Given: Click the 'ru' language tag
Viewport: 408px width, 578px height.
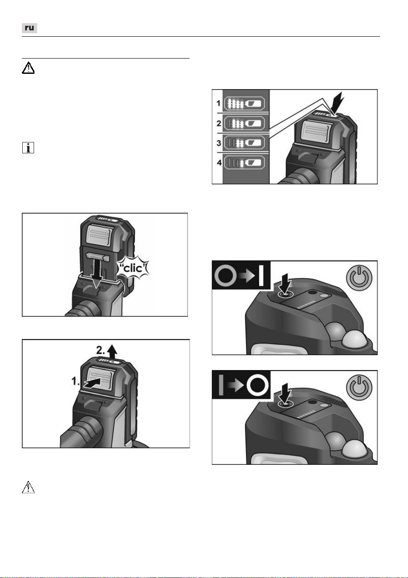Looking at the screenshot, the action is pyautogui.click(x=29, y=28).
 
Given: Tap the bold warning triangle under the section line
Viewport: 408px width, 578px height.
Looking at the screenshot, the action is pyautogui.click(x=28, y=68).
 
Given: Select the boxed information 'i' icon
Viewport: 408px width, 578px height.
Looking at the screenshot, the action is pyautogui.click(x=28, y=148).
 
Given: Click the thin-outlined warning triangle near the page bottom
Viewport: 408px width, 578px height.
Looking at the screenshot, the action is pyautogui.click(x=28, y=487).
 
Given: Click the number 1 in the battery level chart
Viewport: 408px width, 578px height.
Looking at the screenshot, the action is pyautogui.click(x=218, y=103).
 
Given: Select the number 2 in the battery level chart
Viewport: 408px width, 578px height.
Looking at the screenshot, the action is pyautogui.click(x=219, y=123).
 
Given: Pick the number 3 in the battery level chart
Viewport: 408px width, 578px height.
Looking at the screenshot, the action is pyautogui.click(x=219, y=143).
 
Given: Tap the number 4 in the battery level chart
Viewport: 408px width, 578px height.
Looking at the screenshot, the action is pyautogui.click(x=219, y=163).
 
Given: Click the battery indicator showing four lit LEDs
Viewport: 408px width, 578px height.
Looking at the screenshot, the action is pyautogui.click(x=244, y=104).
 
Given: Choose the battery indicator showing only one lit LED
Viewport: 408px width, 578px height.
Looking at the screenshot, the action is pyautogui.click(x=244, y=163).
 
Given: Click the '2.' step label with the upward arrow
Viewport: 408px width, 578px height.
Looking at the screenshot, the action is pyautogui.click(x=107, y=350).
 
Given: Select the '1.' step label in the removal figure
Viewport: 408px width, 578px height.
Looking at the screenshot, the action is pyautogui.click(x=76, y=381).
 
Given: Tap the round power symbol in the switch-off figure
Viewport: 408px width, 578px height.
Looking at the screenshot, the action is pyautogui.click(x=359, y=388).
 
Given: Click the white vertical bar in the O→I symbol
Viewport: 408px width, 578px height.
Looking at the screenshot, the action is pyautogui.click(x=261, y=276).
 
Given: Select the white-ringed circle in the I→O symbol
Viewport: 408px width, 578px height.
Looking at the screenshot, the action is pyautogui.click(x=257, y=386).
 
